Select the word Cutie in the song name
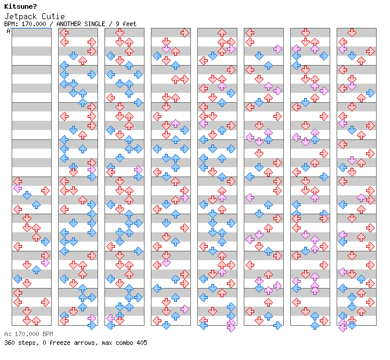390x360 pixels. pyautogui.click(x=53, y=16)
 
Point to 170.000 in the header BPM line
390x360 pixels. pyautogui.click(x=33, y=24)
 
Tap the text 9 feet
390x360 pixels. pyautogui.click(x=126, y=24)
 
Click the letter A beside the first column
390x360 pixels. pyautogui.click(x=8, y=31)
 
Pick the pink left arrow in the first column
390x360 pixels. pyautogui.click(x=17, y=188)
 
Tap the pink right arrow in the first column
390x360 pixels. pyautogui.click(x=45, y=262)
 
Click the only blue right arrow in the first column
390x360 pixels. pyautogui.click(x=45, y=242)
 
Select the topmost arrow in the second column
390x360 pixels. pyautogui.click(x=64, y=33)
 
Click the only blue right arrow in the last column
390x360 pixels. pyautogui.click(x=370, y=93)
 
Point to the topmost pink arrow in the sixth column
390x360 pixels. pyautogui.click(x=277, y=49)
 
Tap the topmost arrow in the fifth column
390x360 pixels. pyautogui.click(x=222, y=33)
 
